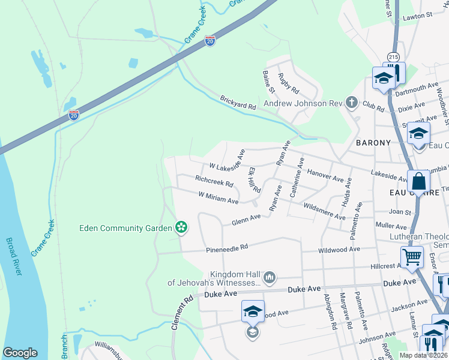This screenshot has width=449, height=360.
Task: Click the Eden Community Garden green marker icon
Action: [x=180, y=227]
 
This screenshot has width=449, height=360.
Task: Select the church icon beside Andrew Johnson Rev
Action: [x=352, y=103]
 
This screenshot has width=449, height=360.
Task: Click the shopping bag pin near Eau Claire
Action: [x=418, y=181]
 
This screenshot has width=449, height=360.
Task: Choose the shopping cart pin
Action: [x=412, y=258]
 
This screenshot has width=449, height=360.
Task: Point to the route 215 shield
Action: [x=393, y=56]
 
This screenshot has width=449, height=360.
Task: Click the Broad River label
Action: [x=14, y=256]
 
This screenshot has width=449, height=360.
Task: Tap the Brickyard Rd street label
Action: [x=238, y=102]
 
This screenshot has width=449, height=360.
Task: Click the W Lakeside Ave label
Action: [x=228, y=162]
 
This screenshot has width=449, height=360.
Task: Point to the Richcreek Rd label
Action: [x=214, y=179]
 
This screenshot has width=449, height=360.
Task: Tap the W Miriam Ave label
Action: [x=218, y=196]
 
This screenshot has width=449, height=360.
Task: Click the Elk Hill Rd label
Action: [x=254, y=179]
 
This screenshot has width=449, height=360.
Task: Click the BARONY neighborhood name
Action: [x=373, y=143]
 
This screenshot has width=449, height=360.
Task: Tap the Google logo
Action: [x=20, y=353]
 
